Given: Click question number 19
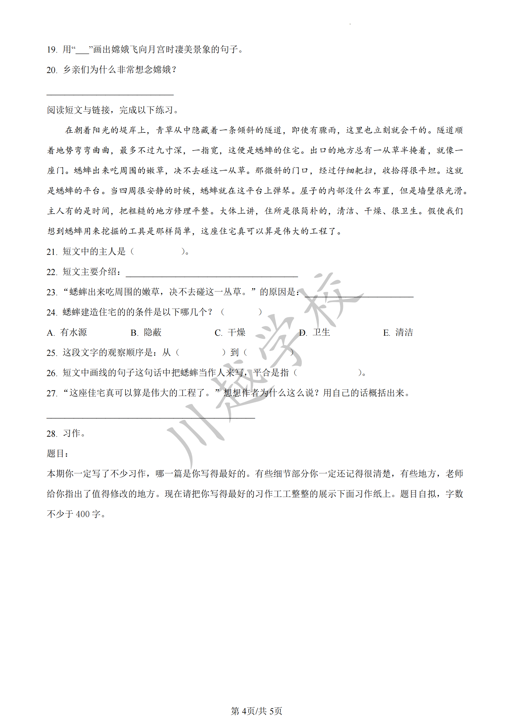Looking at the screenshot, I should (x=52, y=50).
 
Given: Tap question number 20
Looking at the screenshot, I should (x=52, y=70).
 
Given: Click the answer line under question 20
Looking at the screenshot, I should (x=110, y=94).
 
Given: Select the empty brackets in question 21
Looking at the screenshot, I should (x=157, y=252).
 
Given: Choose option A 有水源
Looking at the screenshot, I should (x=67, y=333).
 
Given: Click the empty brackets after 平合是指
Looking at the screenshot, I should (x=327, y=373).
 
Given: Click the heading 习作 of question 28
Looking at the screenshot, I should (x=71, y=434).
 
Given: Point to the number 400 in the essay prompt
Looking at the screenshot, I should (x=83, y=514).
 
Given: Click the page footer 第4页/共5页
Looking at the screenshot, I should (x=256, y=711).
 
